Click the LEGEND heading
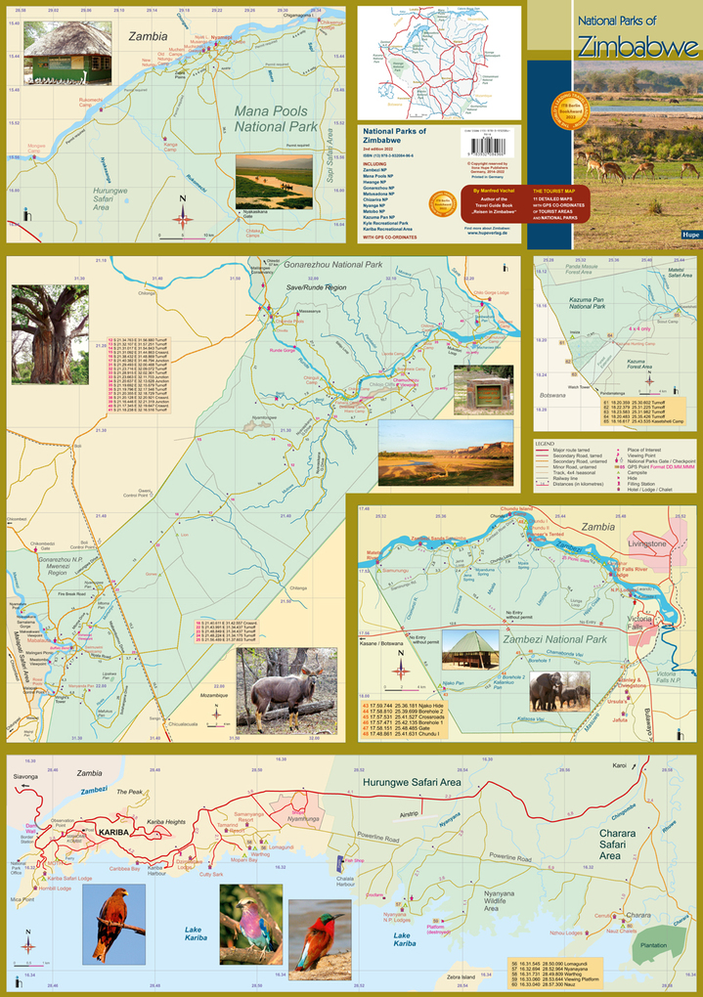coord(546,444)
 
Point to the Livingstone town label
coord(646,543)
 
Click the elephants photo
coord(559,690)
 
